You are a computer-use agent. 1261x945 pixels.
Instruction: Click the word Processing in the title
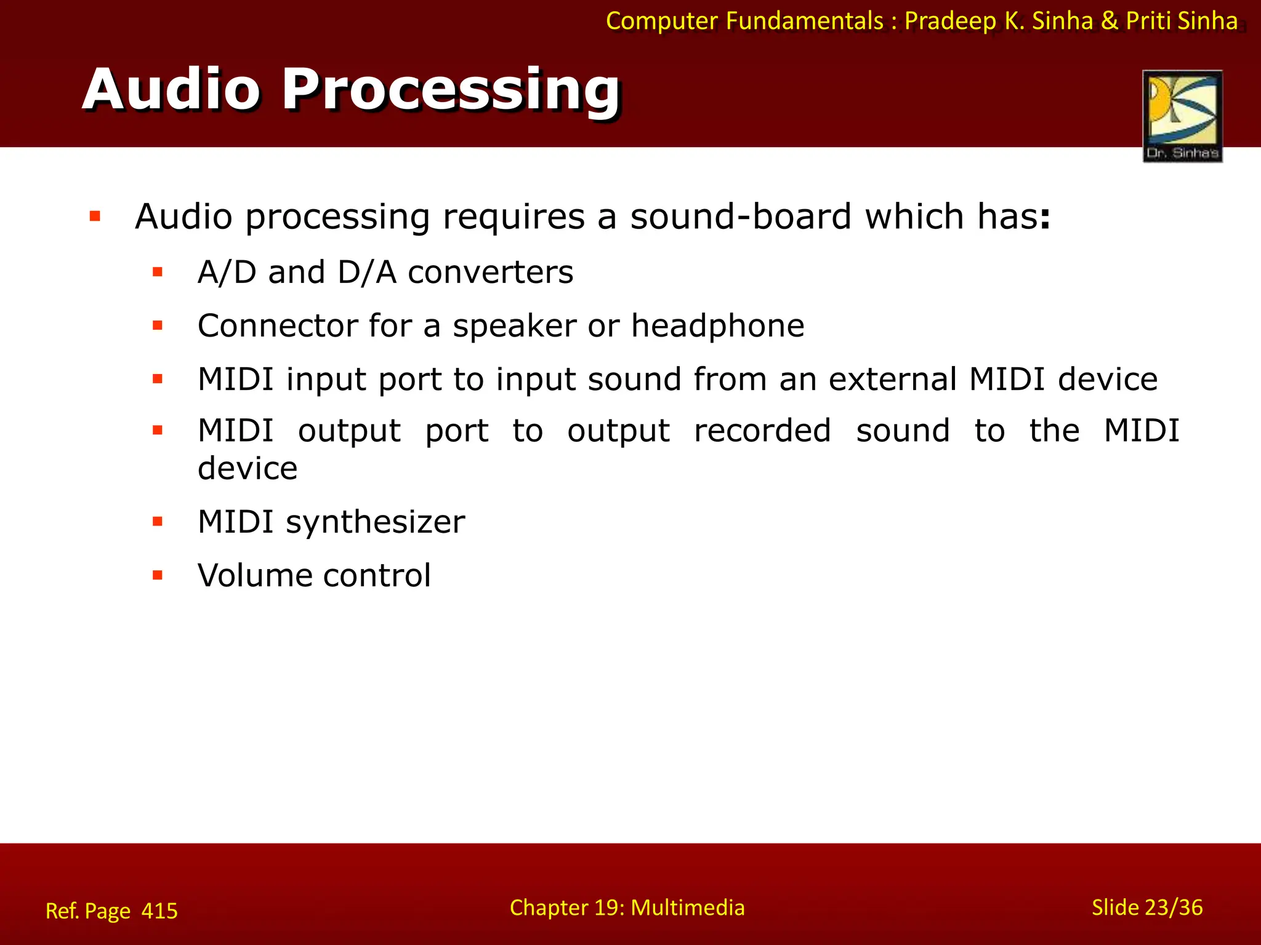point(451,90)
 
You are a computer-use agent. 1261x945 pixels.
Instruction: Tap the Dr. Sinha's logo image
point(1182,116)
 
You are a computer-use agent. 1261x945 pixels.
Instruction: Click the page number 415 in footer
point(159,911)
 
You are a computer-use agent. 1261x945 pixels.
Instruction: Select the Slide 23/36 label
point(1146,907)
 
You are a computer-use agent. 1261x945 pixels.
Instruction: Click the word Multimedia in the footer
point(687,907)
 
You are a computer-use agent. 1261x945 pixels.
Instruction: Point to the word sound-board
point(741,217)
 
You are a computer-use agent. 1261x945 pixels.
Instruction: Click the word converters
point(490,273)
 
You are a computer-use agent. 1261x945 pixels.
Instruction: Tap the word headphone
point(717,325)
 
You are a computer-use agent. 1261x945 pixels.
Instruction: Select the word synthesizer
point(375,522)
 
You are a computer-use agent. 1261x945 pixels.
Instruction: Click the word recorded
point(762,430)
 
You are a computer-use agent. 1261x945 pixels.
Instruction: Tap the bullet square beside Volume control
point(158,576)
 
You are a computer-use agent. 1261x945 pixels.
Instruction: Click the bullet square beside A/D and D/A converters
point(158,272)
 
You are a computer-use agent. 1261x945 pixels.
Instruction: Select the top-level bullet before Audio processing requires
point(95,216)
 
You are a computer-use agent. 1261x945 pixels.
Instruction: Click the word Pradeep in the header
point(950,21)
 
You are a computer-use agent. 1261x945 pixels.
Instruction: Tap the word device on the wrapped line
point(248,469)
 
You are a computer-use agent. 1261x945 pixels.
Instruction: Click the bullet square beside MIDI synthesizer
point(158,522)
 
